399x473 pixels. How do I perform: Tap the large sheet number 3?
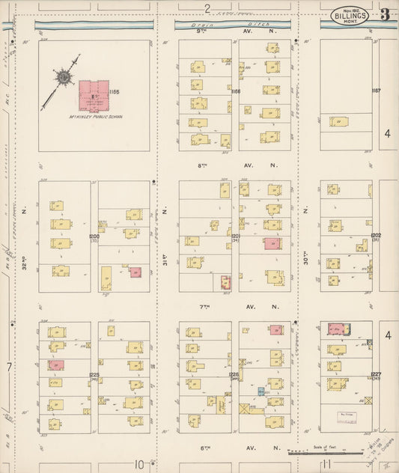[384, 14]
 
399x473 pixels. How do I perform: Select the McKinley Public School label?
[95, 116]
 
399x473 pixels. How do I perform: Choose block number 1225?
[94, 374]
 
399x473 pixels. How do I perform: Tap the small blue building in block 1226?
[261, 391]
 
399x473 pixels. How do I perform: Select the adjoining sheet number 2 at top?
[207, 7]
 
